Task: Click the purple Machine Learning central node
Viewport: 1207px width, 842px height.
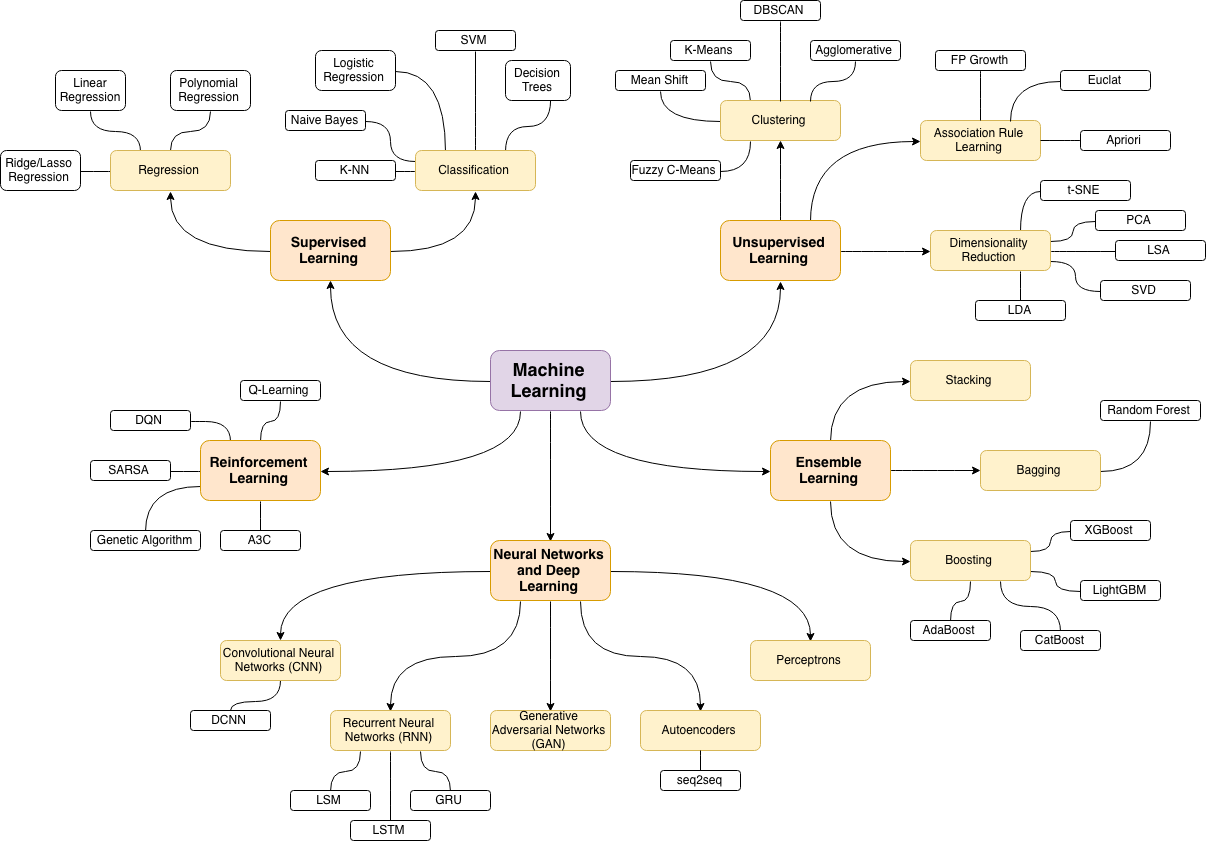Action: tap(550, 380)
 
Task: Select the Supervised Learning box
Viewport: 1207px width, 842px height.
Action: tap(330, 250)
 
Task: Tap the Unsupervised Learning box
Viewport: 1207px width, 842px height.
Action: tap(780, 250)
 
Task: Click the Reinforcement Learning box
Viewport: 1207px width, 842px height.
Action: tap(260, 470)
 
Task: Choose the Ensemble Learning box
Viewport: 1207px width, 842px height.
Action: tap(830, 470)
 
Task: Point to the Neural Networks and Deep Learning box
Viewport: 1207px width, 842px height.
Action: tap(550, 570)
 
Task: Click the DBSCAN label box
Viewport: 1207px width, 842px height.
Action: tap(780, 10)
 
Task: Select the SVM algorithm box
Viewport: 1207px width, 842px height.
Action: tap(475, 40)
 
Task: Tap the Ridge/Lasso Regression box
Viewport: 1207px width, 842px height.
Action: tap(40, 170)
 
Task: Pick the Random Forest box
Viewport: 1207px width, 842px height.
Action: tap(1149, 410)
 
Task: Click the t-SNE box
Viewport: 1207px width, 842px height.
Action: tap(1071, 190)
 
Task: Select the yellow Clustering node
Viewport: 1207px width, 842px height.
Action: tap(780, 120)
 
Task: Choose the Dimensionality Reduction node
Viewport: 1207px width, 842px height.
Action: tap(990, 250)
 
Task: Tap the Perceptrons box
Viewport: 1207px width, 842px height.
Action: tap(810, 660)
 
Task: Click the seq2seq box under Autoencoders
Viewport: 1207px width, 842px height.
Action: tap(700, 780)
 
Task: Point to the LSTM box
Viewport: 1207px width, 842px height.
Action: tap(390, 830)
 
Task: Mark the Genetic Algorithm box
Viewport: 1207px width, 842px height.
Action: tap(145, 540)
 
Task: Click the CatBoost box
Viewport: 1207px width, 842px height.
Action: tap(1060, 640)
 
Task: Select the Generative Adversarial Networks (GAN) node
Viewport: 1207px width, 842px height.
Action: tap(550, 730)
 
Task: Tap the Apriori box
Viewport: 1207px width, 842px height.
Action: tap(1125, 140)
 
